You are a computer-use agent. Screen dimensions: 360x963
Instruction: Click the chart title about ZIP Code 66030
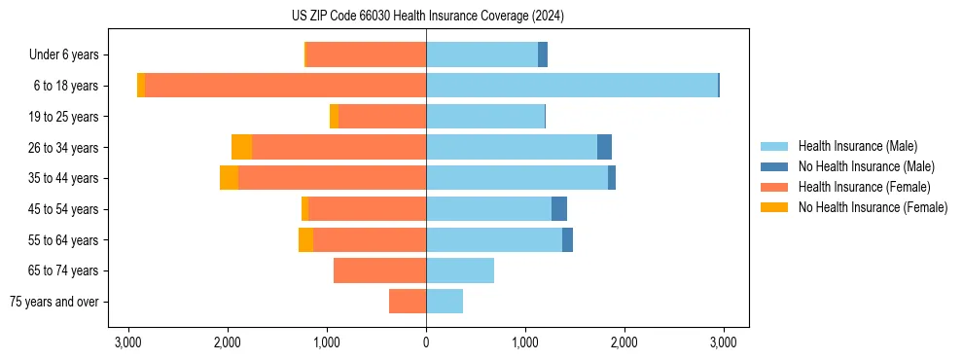427,17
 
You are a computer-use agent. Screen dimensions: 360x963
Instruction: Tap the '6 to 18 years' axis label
65,86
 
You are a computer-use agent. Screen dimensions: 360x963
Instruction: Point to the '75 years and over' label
54,302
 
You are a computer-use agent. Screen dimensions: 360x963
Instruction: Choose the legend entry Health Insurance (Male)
858,146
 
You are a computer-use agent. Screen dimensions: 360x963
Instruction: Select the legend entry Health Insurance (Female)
864,187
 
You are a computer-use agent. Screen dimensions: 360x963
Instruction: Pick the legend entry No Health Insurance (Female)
872,207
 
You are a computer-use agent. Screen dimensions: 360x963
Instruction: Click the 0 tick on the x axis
426,342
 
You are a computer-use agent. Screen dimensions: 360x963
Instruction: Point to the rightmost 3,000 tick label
723,342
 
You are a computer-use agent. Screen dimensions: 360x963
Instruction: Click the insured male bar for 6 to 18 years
572,86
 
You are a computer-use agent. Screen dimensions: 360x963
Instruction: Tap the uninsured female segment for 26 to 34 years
241,147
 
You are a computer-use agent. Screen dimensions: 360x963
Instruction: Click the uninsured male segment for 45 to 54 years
559,208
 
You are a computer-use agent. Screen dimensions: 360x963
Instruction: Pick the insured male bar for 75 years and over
445,302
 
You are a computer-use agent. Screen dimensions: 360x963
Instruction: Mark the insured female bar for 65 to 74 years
379,270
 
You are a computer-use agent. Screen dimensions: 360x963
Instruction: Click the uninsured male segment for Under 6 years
543,54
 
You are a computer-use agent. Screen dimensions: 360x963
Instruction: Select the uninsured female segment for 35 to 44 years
229,178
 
